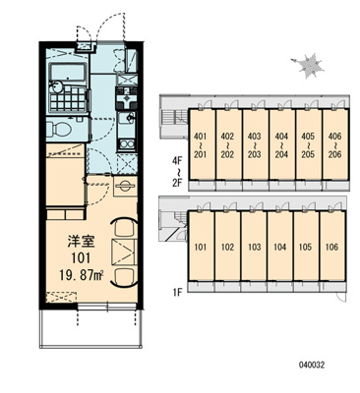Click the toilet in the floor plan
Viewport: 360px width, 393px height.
coord(59,129)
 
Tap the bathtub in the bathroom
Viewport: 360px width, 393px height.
coord(67,72)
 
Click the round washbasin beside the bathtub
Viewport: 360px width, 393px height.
coord(56,87)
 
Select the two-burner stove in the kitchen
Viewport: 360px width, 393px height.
coord(127,144)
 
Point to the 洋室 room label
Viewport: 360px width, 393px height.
coord(82,242)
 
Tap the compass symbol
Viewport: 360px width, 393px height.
coord(309,66)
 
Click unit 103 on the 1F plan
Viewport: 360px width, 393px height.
coord(254,246)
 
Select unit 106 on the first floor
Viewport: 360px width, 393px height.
coord(332,246)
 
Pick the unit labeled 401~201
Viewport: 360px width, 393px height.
coord(201,144)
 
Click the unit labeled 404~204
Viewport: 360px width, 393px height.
coord(281,144)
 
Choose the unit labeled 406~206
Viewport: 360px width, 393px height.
coord(334,144)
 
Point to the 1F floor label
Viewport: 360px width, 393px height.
coord(177,292)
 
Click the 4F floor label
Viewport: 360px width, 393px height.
coord(178,161)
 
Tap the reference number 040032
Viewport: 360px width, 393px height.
coord(312,365)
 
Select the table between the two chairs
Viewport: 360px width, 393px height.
coord(124,252)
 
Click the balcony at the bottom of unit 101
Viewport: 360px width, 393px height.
coord(91,328)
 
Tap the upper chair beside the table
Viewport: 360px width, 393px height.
coord(123,227)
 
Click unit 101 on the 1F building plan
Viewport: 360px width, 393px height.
coord(201,246)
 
